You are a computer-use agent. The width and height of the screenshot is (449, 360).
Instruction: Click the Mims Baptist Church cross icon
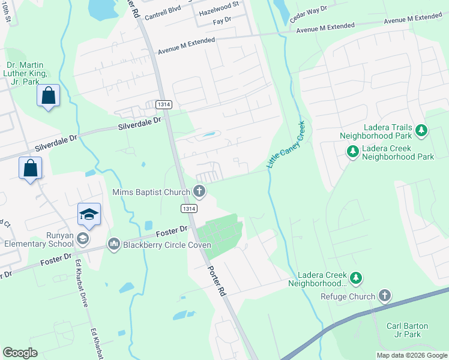click(x=200, y=193)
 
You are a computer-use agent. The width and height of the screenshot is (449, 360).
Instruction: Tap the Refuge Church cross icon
click(x=385, y=296)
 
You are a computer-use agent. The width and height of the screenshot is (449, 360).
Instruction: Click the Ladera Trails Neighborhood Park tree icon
click(x=421, y=130)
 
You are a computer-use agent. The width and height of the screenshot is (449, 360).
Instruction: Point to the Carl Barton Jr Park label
click(x=408, y=330)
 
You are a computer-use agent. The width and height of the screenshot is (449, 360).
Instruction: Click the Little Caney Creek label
click(x=286, y=144)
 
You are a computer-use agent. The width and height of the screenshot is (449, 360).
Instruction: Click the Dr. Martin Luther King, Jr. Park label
click(x=26, y=73)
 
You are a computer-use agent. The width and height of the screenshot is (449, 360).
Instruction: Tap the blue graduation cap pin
click(x=89, y=215)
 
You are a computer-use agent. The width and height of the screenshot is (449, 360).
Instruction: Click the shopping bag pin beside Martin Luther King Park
click(x=48, y=96)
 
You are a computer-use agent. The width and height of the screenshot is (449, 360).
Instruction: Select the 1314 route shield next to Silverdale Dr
click(x=163, y=104)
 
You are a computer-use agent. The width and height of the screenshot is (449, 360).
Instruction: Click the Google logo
click(x=20, y=353)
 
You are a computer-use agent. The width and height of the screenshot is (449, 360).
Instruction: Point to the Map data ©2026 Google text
click(x=411, y=355)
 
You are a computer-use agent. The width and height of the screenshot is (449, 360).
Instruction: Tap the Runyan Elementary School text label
click(x=37, y=240)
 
